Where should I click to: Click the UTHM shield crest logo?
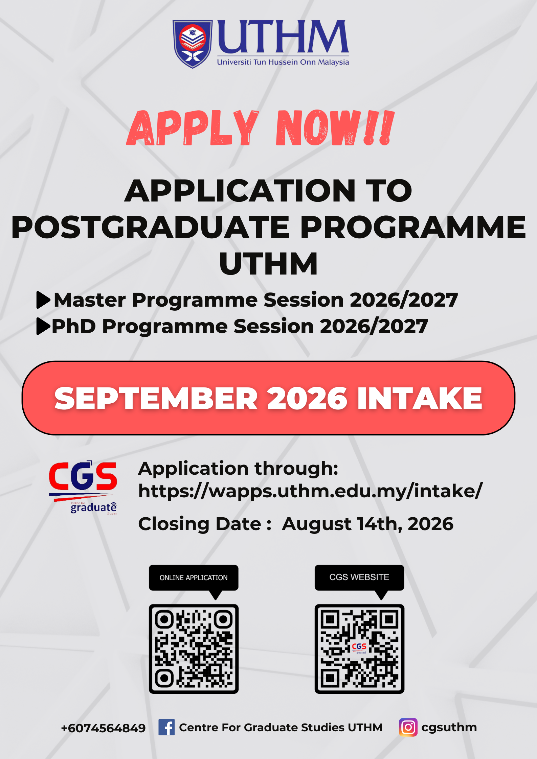click(x=192, y=44)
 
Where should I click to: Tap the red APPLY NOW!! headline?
click(x=261, y=128)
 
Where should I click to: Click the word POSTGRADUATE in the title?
click(x=151, y=227)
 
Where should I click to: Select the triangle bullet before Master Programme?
click(x=43, y=300)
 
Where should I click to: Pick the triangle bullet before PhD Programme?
click(x=43, y=326)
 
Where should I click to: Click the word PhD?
click(x=74, y=326)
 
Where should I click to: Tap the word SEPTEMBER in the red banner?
click(x=156, y=398)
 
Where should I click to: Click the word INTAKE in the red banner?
click(x=420, y=398)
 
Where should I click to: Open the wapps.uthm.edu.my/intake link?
click(x=310, y=491)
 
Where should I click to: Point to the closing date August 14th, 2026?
click(x=367, y=524)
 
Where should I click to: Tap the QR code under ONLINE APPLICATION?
click(x=194, y=649)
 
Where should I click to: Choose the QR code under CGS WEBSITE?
click(x=359, y=649)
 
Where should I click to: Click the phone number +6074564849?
click(x=103, y=728)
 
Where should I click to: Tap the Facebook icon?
click(x=166, y=727)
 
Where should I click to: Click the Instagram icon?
click(x=408, y=727)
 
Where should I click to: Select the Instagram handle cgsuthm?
click(x=449, y=727)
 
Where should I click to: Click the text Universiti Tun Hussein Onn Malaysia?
click(x=283, y=62)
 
